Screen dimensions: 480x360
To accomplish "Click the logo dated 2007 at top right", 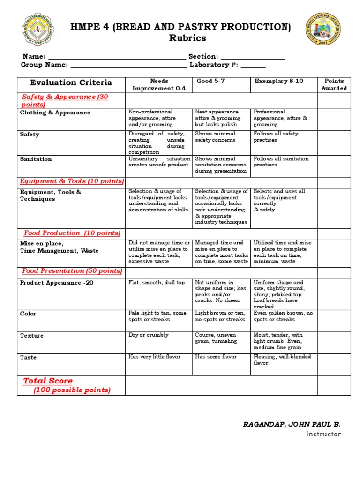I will [322, 29].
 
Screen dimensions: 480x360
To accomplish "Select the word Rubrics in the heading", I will [187, 38].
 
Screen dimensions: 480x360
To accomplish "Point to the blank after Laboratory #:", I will [253, 65].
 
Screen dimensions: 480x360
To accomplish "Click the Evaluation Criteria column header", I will [71, 83].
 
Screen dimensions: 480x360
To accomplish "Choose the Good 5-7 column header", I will [210, 81].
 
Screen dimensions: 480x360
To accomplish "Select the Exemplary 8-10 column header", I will [279, 81].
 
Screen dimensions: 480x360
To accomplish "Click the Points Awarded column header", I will [334, 84].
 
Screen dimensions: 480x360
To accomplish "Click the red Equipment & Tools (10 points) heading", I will [72, 181].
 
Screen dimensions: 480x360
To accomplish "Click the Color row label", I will [28, 314].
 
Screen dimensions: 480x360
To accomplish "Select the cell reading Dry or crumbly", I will [149, 335].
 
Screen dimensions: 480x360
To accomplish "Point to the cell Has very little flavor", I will [155, 357].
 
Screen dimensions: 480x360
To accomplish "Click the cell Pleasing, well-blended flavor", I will [282, 360].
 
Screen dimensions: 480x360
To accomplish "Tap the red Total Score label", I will [48, 381].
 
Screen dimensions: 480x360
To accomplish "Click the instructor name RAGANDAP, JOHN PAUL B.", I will [292, 424].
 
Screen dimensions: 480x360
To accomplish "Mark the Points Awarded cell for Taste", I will [334, 364].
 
